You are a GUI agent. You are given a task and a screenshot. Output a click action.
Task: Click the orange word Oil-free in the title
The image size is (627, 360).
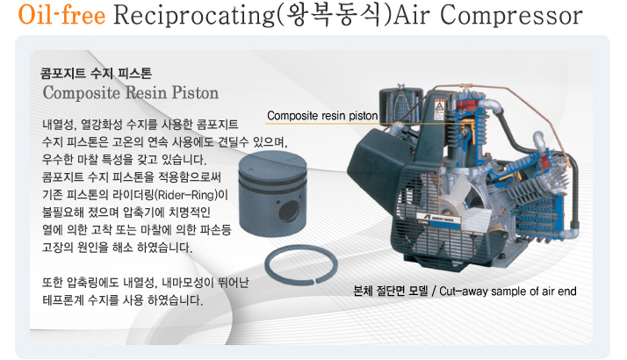(62, 15)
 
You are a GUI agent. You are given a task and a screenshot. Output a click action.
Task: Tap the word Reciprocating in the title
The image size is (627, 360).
(194, 16)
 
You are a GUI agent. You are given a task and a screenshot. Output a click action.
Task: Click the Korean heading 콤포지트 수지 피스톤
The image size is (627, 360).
(96, 74)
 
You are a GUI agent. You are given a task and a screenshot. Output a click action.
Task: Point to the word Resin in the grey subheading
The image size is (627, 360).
(147, 92)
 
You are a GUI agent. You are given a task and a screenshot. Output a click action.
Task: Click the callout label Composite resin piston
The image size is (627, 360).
(322, 116)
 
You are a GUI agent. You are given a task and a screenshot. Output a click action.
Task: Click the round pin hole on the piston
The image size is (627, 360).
(289, 211)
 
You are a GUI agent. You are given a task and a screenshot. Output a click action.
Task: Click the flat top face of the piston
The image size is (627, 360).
(272, 163)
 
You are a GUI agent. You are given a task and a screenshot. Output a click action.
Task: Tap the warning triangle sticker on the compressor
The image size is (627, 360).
(439, 107)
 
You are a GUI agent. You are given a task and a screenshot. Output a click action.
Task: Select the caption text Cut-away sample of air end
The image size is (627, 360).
(508, 292)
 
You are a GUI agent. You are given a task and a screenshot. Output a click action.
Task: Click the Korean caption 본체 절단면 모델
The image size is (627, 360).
(390, 291)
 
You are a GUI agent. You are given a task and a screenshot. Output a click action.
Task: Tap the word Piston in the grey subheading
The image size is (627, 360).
(195, 92)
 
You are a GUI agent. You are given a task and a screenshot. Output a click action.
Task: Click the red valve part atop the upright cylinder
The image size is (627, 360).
(465, 104)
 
